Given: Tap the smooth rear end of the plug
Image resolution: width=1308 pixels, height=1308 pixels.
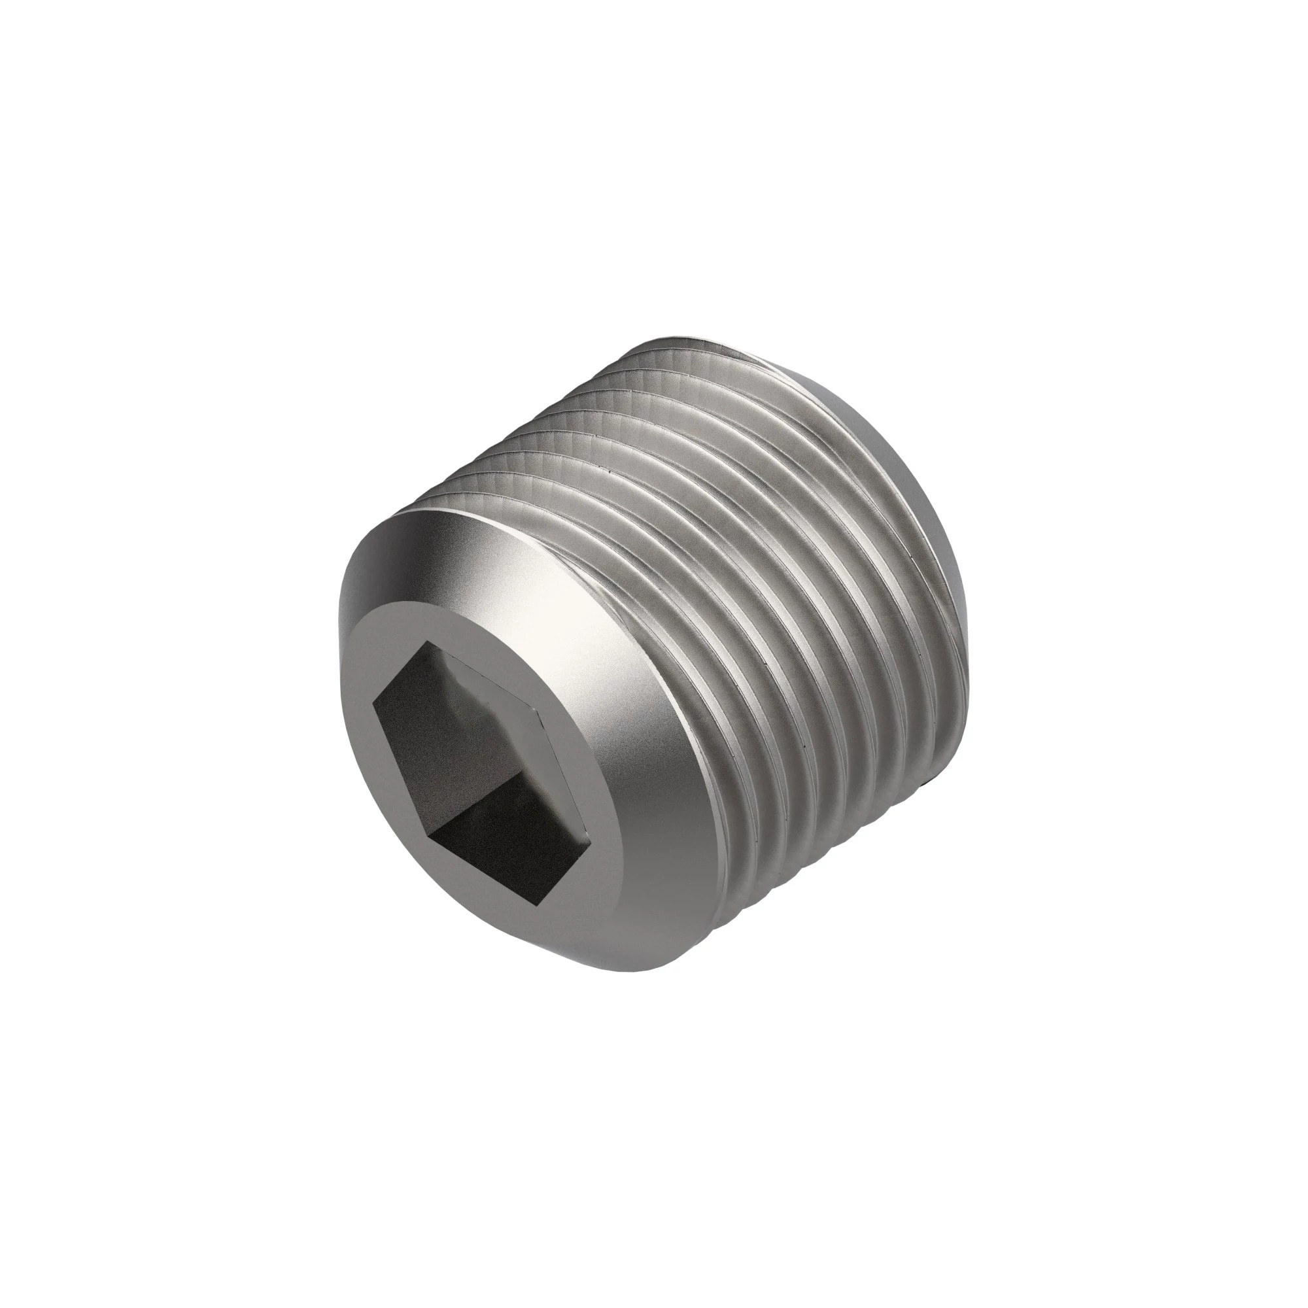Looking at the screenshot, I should [941, 515].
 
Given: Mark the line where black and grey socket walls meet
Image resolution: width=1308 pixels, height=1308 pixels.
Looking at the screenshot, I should [474, 812].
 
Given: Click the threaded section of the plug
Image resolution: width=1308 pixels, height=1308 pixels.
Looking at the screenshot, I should [778, 610].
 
